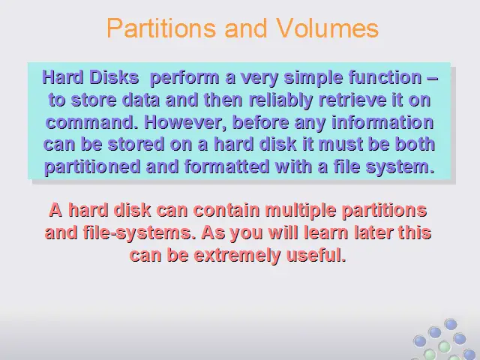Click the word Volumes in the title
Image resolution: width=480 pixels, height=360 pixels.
coord(327,28)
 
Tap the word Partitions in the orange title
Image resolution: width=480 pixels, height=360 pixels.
coord(161,28)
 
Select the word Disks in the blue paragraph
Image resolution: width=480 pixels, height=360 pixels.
coord(114,77)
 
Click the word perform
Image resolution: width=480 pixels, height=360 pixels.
coord(184,78)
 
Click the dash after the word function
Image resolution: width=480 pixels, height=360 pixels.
coord(432,78)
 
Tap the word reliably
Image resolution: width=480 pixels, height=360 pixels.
coord(281,100)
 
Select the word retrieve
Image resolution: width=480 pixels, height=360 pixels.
coord(352,100)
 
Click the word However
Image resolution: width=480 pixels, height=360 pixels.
coord(185,123)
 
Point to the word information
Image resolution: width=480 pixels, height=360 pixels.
coord(382,122)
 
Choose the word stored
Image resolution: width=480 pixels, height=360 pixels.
coord(136,145)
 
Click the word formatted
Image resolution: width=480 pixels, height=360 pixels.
coord(226,166)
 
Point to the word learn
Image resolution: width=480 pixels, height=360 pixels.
coord(326,232)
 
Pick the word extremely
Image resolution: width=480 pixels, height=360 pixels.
coord(237,256)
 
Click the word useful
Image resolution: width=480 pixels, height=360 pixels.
coord(316,255)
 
